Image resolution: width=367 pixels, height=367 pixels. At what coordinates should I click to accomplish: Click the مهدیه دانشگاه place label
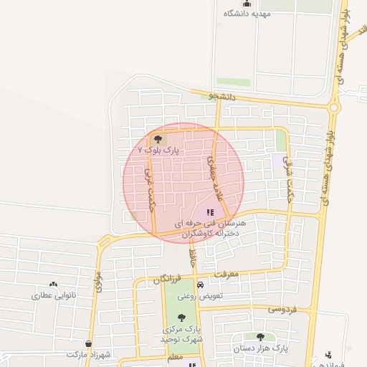[247, 14]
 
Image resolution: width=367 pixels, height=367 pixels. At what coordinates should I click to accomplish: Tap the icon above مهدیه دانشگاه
[247, 4]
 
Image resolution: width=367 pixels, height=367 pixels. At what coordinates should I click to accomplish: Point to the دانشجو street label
[222, 95]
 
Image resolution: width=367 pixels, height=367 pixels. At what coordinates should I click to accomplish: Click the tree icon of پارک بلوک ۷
[158, 140]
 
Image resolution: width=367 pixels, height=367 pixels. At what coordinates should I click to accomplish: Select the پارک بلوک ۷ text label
[156, 151]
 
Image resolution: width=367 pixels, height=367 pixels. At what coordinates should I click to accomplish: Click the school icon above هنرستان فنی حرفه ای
[210, 212]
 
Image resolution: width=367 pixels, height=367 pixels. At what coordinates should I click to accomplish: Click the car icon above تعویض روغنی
[200, 285]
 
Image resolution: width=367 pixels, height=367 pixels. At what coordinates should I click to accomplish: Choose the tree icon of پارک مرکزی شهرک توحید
[181, 318]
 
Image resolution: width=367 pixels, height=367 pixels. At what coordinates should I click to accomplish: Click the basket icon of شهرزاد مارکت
[89, 344]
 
